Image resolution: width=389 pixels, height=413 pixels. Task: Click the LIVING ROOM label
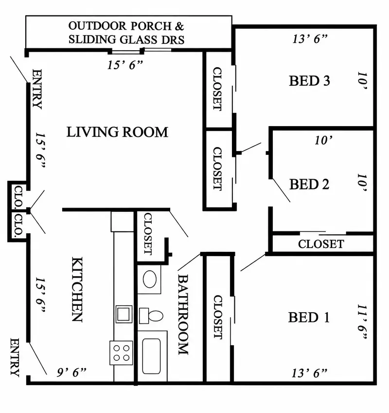117,132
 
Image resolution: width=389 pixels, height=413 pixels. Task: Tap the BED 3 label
309,80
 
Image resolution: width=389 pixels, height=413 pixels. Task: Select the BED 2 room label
309,184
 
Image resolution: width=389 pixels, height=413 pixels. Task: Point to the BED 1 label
309,317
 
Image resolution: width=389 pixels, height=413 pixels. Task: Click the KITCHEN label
77,289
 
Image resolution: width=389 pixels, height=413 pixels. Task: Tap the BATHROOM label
183,315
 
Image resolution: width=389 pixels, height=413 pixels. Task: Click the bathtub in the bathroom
152,356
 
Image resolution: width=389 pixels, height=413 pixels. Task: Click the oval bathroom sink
150,279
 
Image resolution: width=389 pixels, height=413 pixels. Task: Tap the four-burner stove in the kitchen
121,353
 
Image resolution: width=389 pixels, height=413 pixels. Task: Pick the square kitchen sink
124,314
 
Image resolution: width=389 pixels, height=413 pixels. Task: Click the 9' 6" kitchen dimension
71,372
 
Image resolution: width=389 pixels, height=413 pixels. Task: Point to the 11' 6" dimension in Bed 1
362,321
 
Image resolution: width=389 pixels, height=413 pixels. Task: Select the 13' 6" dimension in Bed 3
310,39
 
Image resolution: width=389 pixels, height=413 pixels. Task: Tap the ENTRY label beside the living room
37,89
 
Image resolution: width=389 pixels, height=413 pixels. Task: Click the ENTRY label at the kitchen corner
15,357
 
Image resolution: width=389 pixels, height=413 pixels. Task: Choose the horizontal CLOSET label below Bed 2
321,244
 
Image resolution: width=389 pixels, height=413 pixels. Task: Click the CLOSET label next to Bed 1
218,317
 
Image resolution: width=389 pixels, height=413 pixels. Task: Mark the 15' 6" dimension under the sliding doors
125,65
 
